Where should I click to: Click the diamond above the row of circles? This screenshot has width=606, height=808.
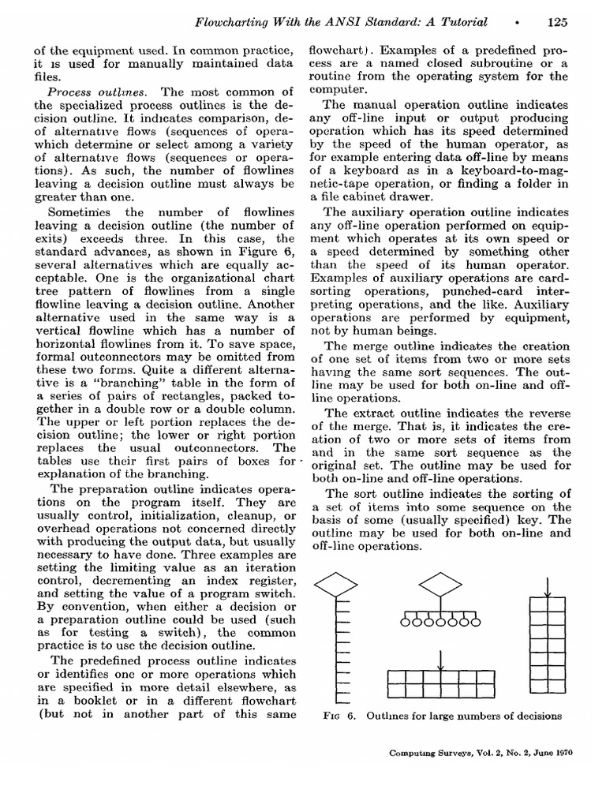point(440,585)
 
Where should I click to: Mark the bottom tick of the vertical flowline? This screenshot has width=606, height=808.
point(342,698)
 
